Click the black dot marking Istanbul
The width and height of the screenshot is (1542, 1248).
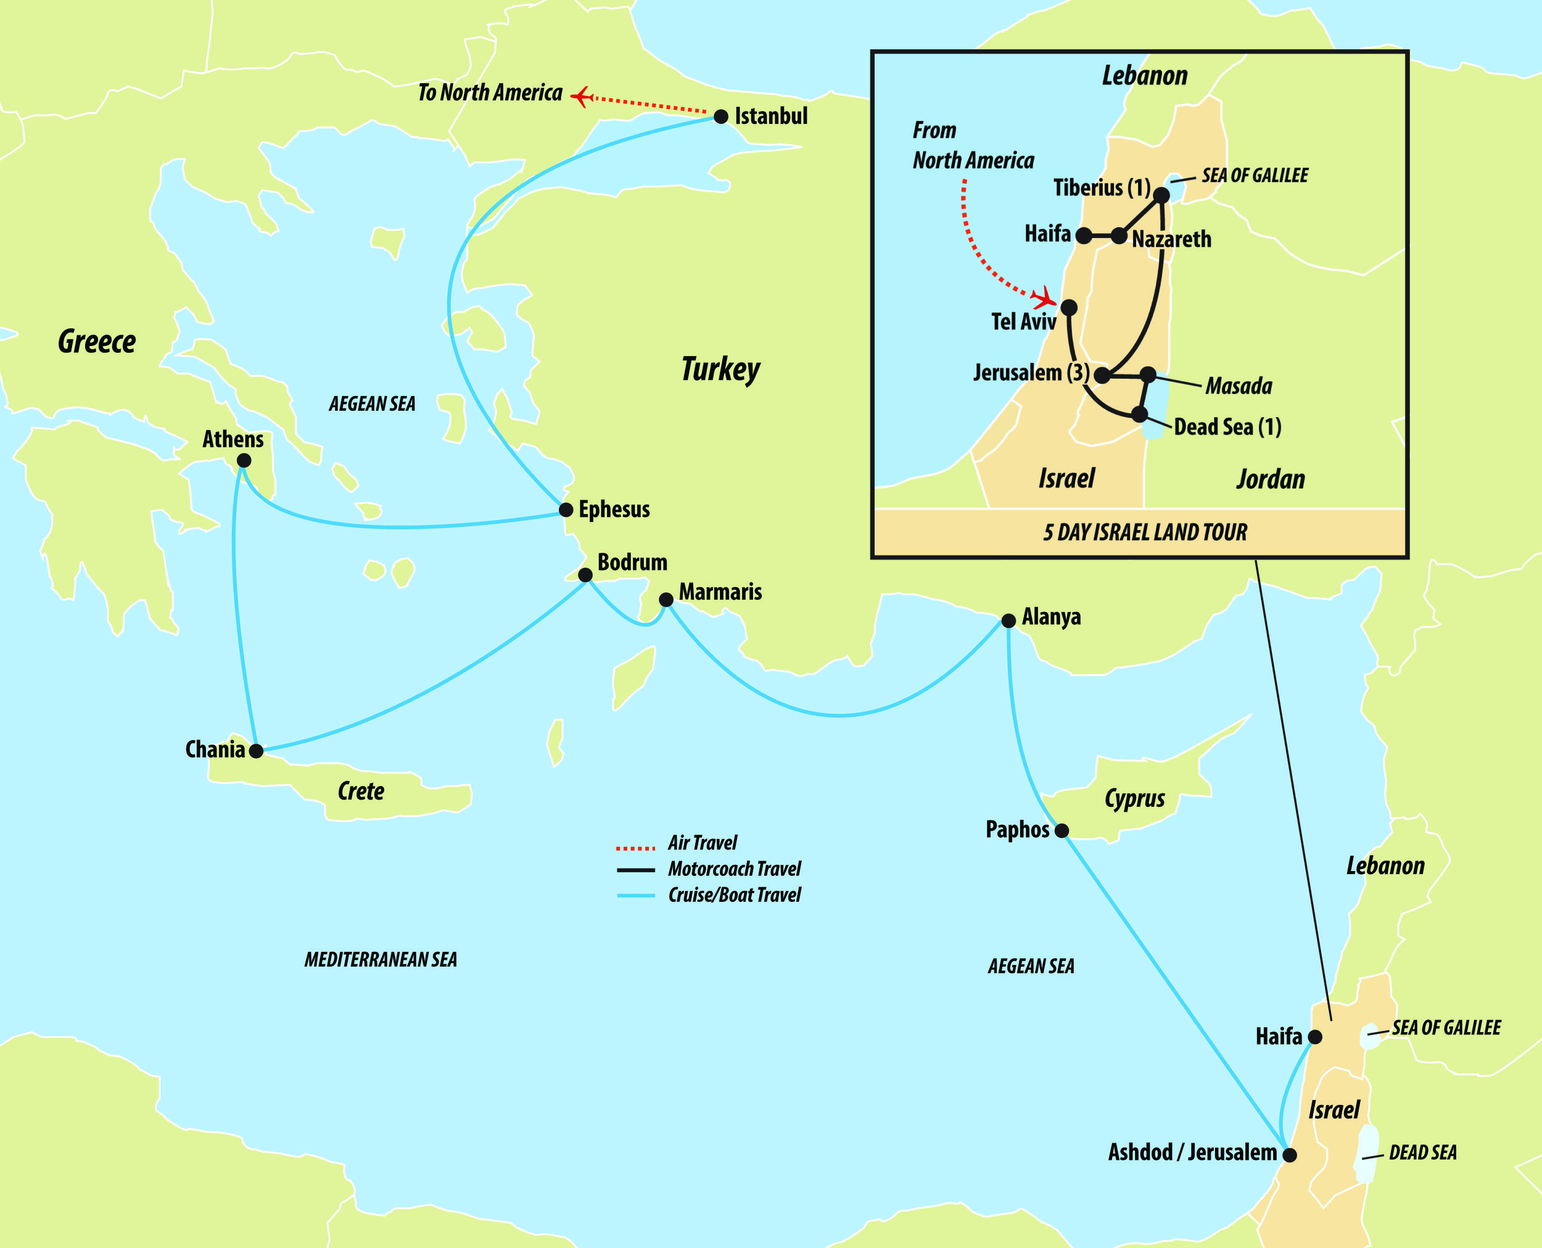pos(721,117)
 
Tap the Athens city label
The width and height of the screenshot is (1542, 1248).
pos(233,439)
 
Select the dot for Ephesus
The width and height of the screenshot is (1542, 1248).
pos(566,510)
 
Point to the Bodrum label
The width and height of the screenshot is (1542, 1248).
pos(632,562)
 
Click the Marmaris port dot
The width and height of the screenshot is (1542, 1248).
pos(666,600)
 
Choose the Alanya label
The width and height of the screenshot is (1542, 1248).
pos(1051,617)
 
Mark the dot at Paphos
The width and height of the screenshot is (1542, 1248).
pos(1062,831)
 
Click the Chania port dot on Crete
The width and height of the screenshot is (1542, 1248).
pos(256,751)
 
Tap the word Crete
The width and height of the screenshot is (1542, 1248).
pos(361,791)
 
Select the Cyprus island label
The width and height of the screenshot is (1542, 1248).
pos(1134,799)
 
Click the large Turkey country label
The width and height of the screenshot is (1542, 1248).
pos(720,370)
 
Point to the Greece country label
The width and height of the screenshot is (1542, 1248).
pos(97,342)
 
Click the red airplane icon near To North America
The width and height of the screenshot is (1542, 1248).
pos(582,96)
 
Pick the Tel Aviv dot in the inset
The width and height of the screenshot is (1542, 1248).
pos(1069,308)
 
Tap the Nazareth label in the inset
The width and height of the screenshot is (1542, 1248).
pos(1171,239)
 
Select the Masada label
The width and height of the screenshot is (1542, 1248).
pos(1239,387)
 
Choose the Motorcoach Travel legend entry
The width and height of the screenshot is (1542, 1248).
pos(734,869)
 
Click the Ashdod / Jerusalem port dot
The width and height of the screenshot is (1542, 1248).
pos(1290,1155)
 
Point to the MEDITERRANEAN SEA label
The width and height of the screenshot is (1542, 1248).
pos(381,960)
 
